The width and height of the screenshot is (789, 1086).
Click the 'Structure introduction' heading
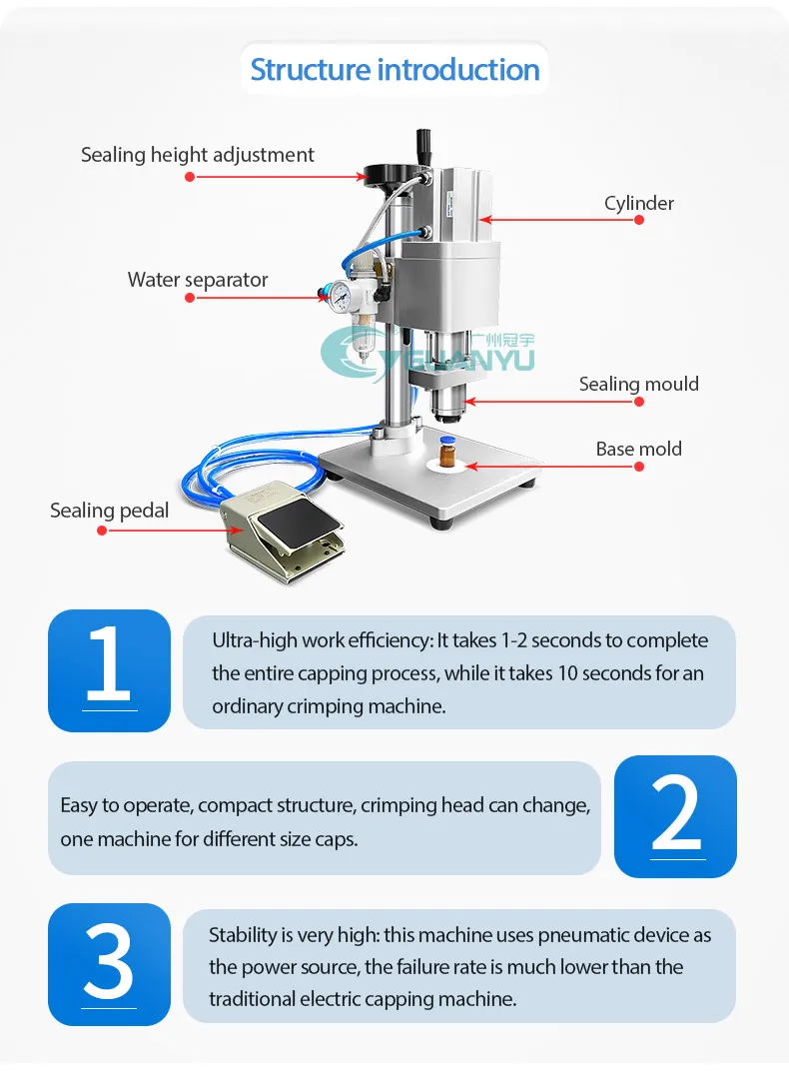point(394,70)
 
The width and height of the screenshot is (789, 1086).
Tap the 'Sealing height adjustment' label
point(198,155)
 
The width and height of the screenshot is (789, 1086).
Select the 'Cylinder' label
point(639,203)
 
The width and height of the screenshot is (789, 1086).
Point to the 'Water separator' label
point(198,280)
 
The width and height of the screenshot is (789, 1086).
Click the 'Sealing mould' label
point(639,384)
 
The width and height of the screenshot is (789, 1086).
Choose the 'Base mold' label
point(639,449)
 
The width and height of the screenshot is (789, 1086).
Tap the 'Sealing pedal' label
point(109,511)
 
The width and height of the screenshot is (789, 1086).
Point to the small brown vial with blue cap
point(447,452)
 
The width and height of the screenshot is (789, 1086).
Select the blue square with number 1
point(109,670)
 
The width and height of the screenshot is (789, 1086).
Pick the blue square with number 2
point(675,816)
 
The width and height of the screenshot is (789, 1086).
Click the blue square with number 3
point(109,964)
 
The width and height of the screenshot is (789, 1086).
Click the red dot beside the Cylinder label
point(639,220)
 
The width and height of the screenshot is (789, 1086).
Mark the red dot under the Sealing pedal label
point(103,531)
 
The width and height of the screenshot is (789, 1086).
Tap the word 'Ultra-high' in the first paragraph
point(255,640)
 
